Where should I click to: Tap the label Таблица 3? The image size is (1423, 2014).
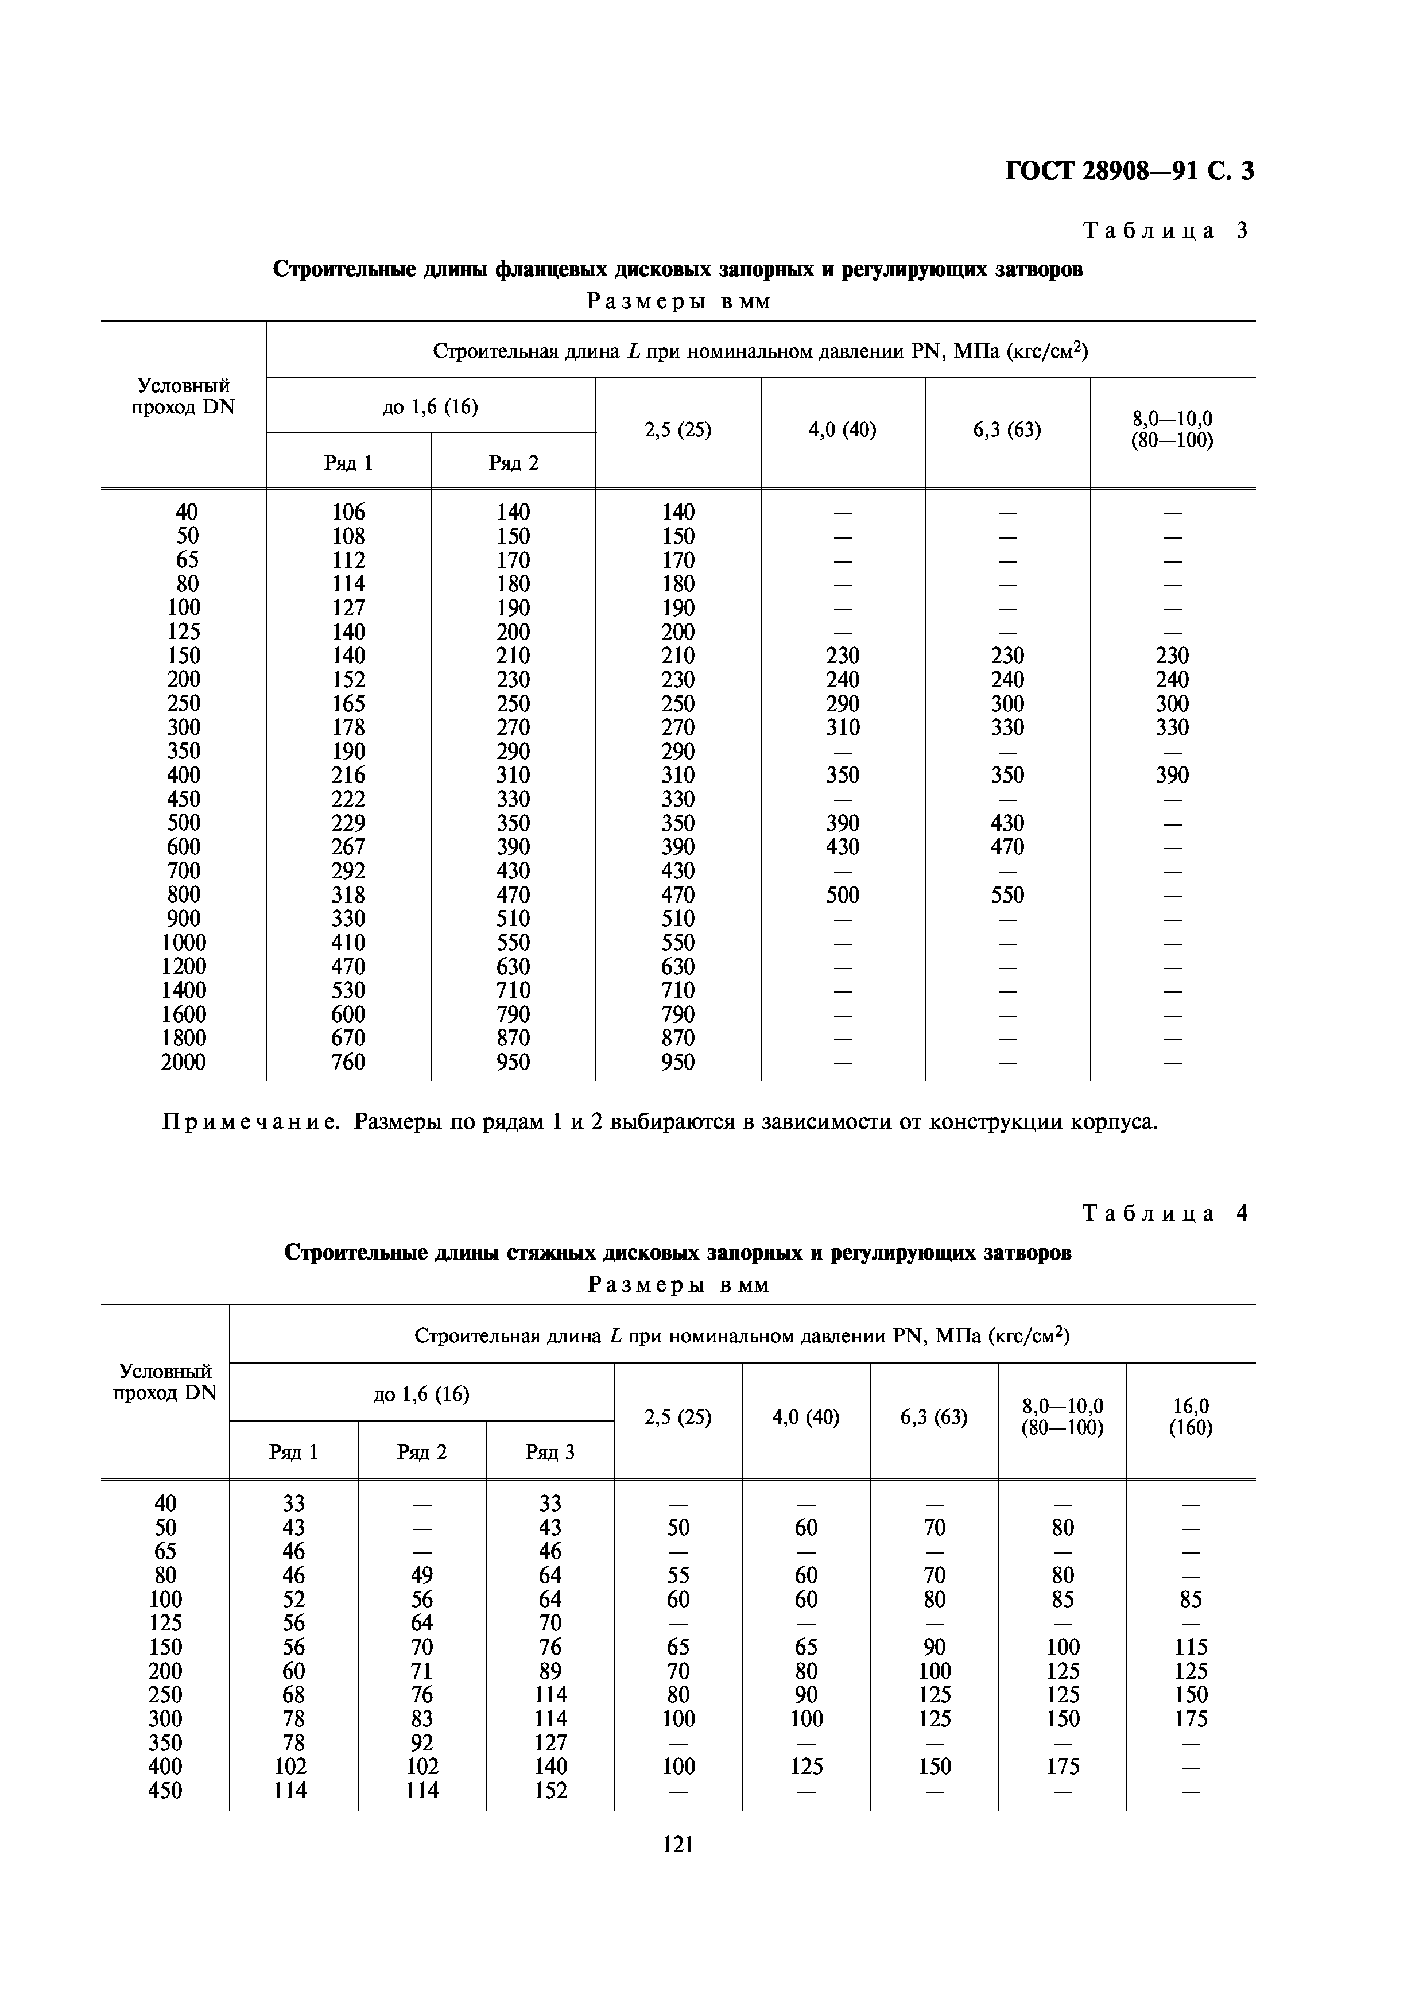pos(1164,231)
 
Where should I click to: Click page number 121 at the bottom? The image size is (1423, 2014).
pos(678,1844)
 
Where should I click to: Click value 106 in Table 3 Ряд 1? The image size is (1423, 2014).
pos(348,512)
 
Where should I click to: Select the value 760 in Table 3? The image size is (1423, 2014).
pos(348,1062)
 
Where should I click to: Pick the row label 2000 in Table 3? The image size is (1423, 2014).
pos(183,1062)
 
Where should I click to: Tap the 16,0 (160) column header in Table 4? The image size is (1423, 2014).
pos(1190,1417)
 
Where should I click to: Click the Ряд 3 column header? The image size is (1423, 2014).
pos(550,1452)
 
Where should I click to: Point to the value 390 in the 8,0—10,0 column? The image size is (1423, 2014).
pos(1172,776)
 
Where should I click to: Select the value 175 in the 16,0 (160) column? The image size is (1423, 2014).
pos(1191,1718)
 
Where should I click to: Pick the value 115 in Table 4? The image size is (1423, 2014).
pos(1191,1647)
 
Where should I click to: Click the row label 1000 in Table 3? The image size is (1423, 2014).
pos(183,943)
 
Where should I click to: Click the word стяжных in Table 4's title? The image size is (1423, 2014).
pos(548,1253)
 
